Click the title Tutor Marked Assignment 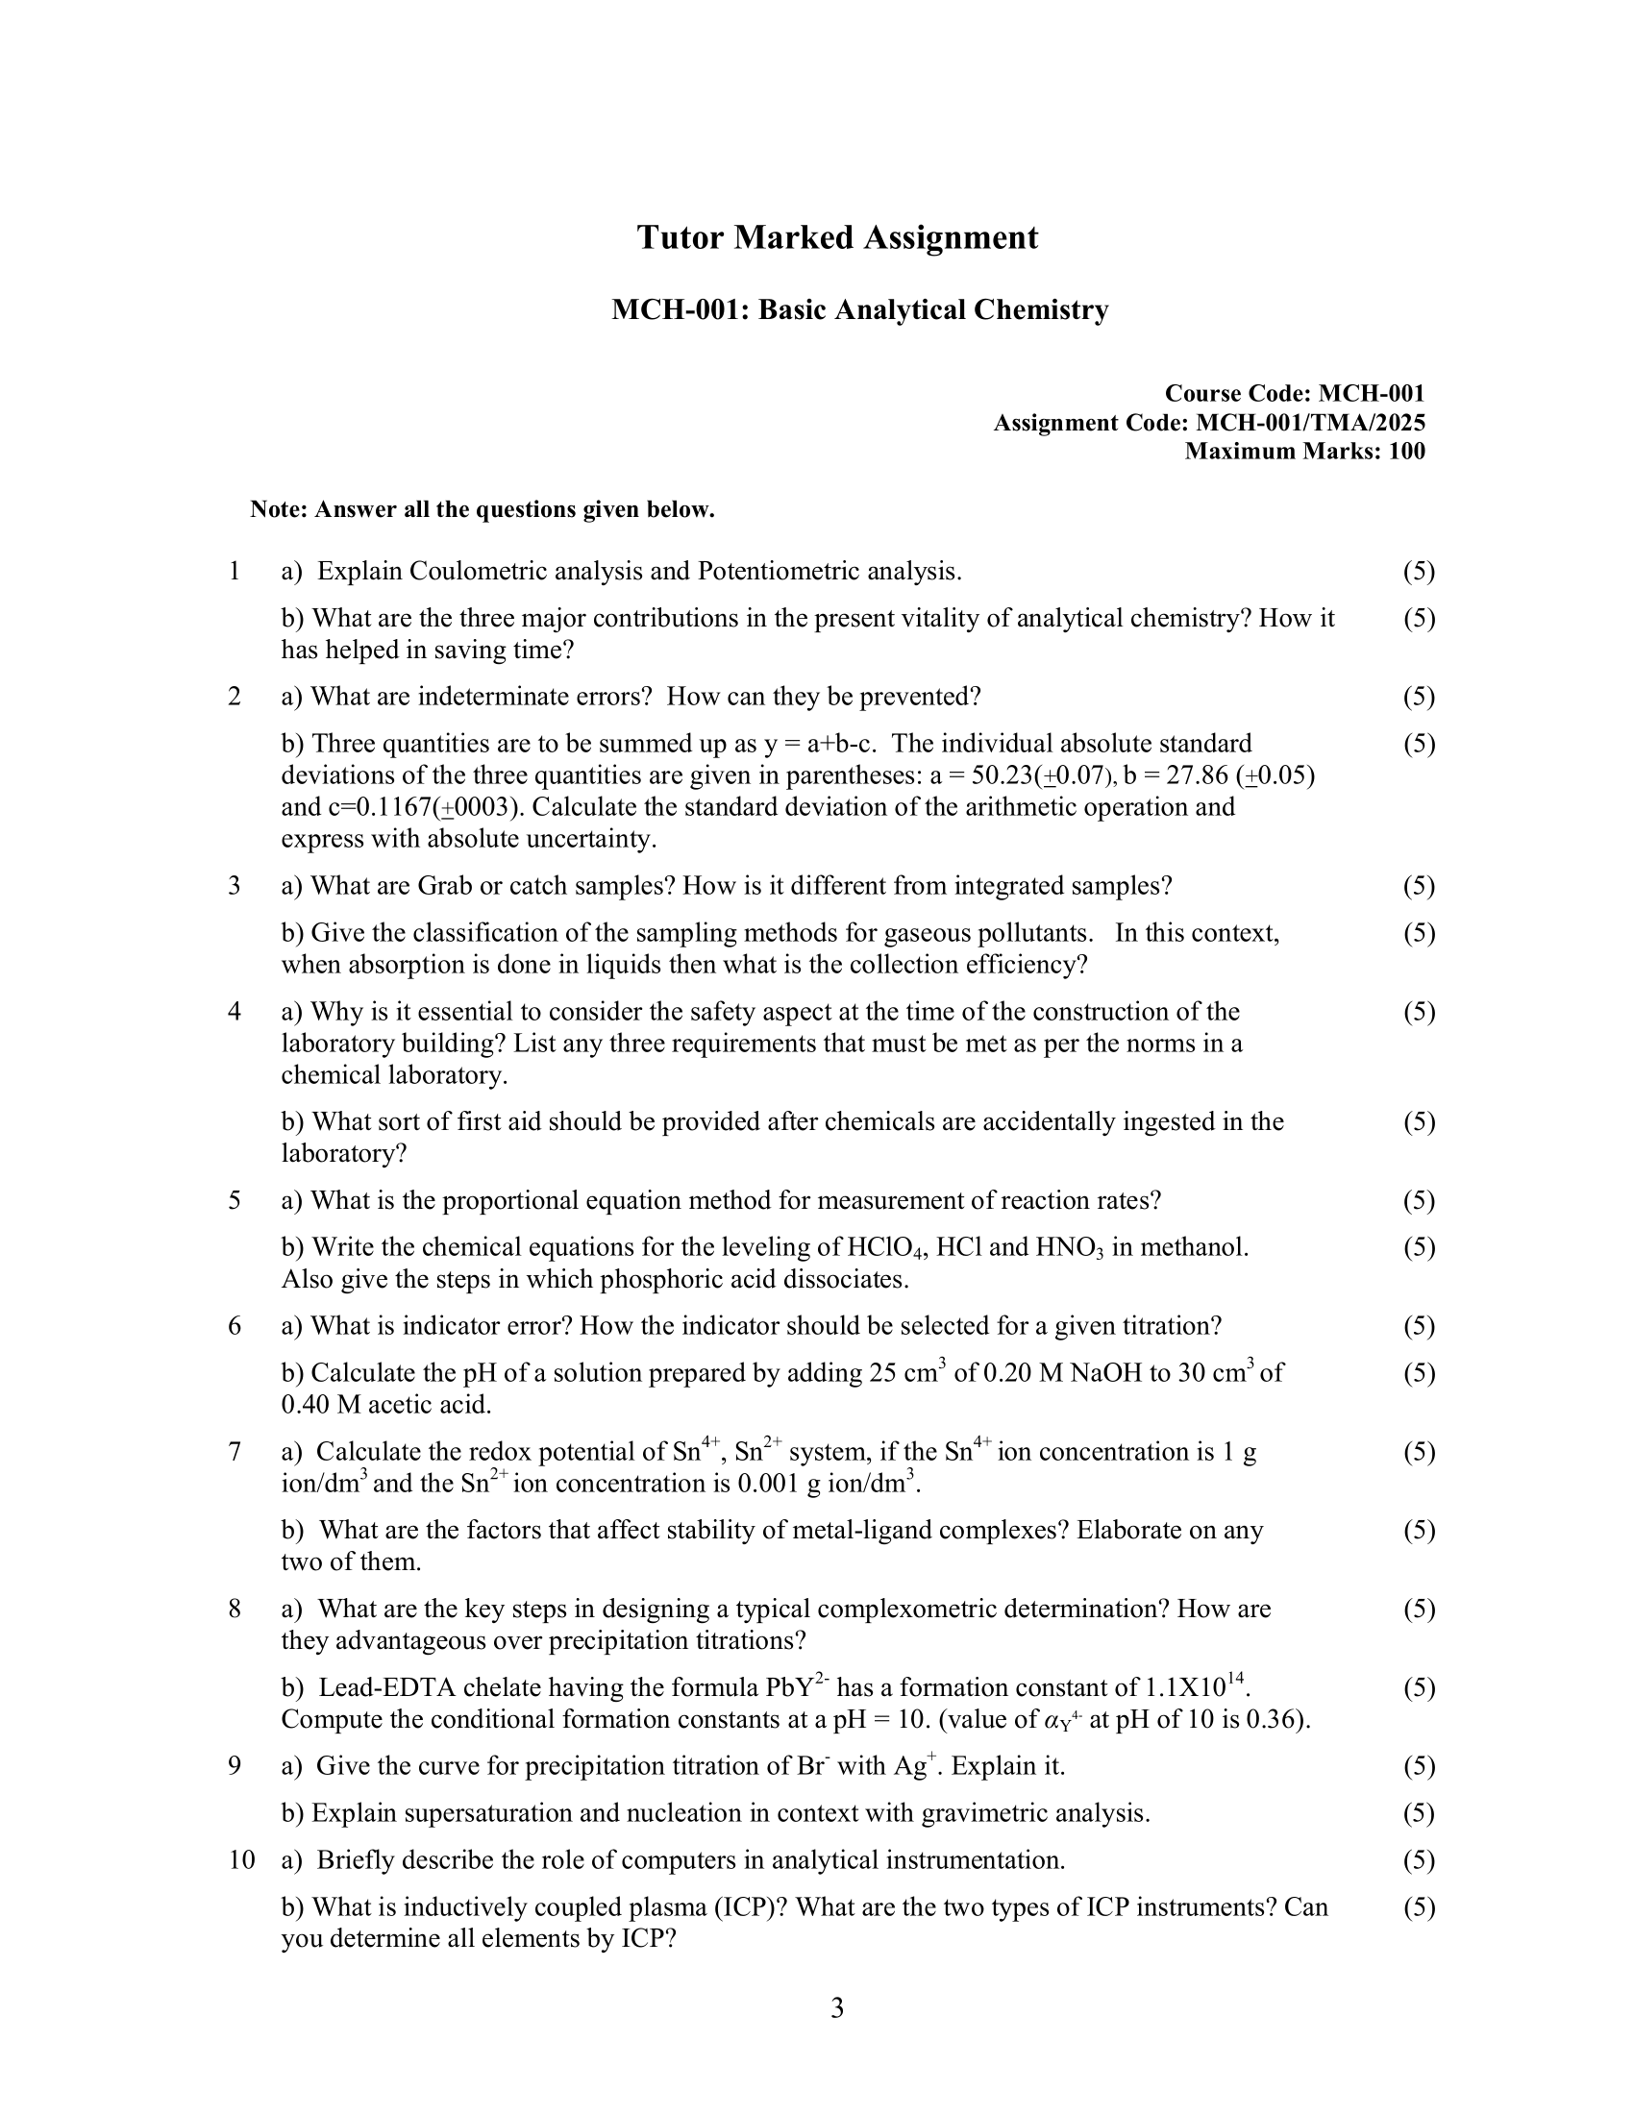tap(836, 237)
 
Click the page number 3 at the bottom tap(837, 2008)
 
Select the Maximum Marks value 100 tap(1406, 451)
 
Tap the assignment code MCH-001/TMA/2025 tap(1311, 423)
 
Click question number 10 tap(241, 1859)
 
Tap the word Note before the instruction tap(279, 509)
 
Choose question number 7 tap(235, 1451)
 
